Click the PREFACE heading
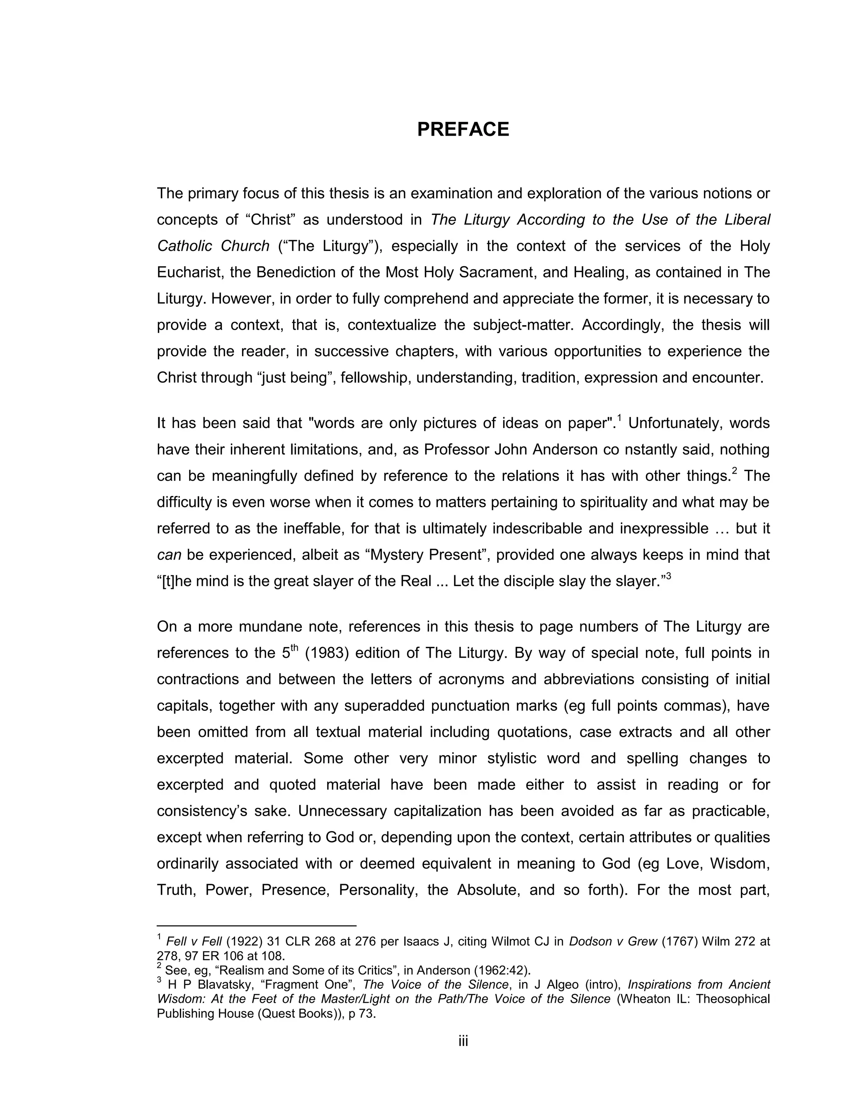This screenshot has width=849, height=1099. pyautogui.click(x=463, y=129)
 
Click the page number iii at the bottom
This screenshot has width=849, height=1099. pyautogui.click(x=463, y=1041)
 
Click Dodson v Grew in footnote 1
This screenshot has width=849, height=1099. pyautogui.click(x=613, y=941)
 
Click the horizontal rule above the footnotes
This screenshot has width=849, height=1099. pyautogui.click(x=257, y=925)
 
